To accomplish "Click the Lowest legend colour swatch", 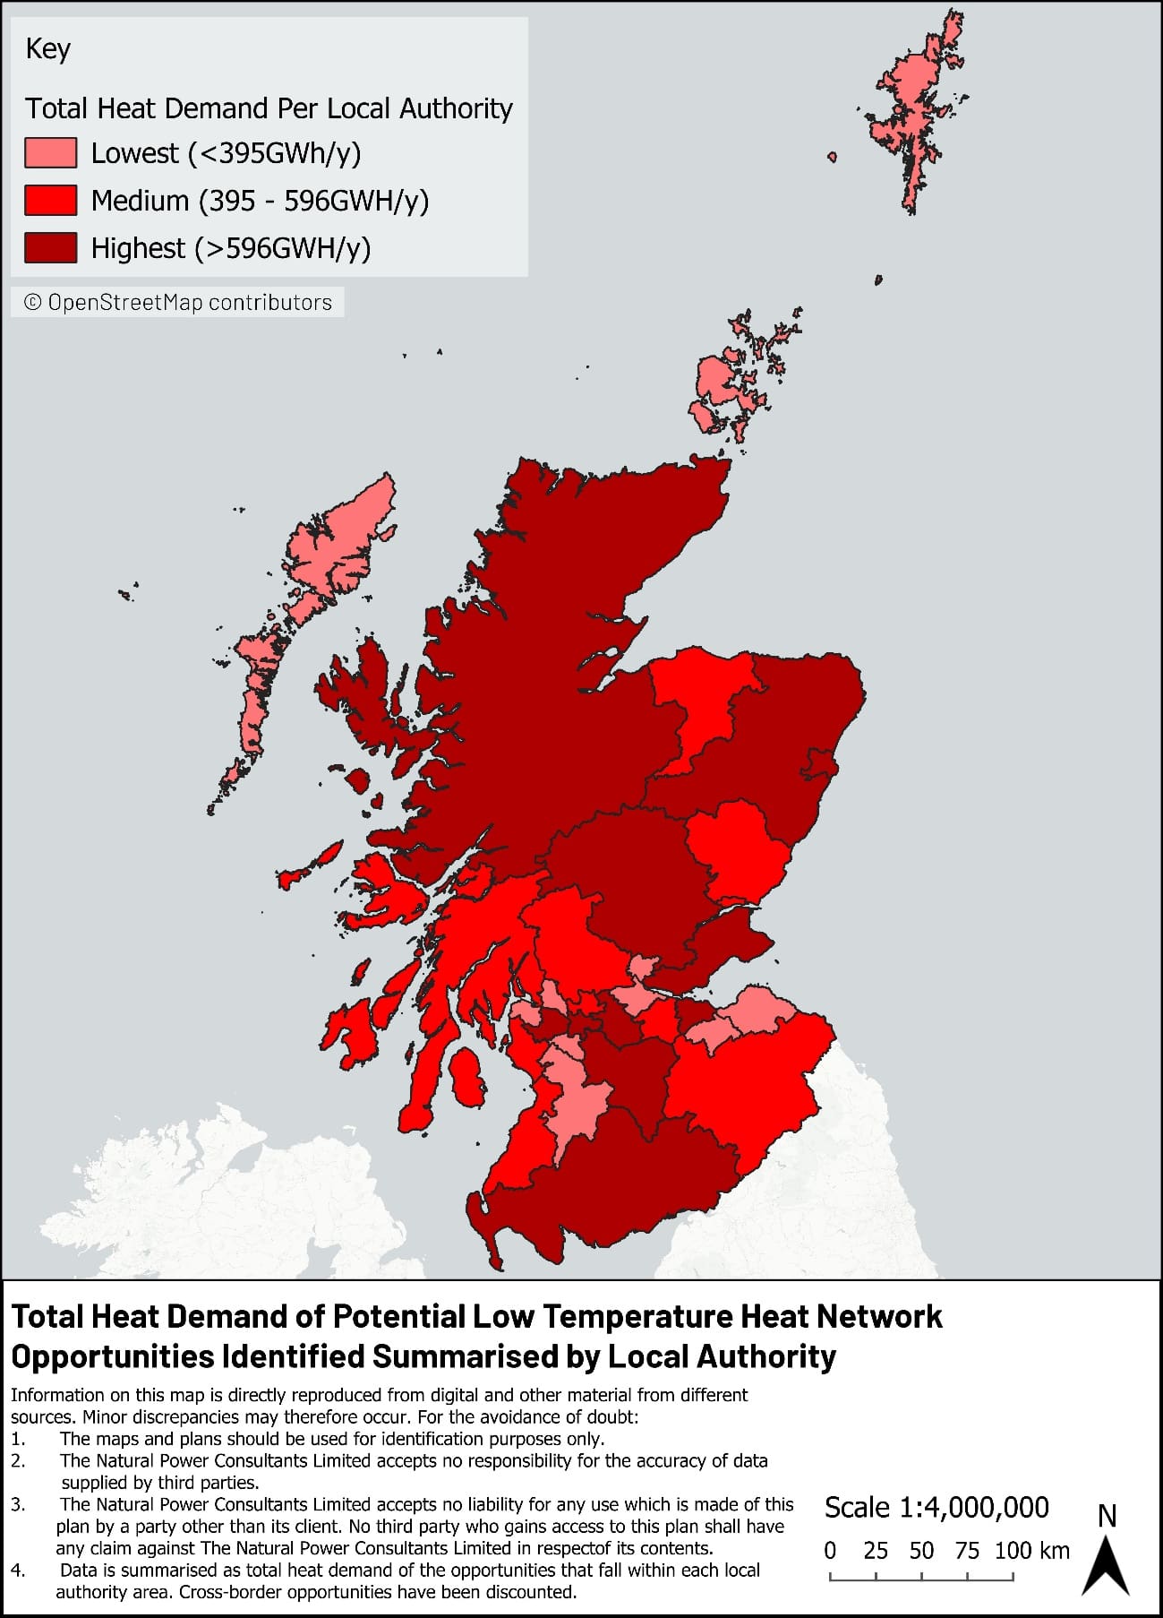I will pyautogui.click(x=50, y=153).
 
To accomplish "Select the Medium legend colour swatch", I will pyautogui.click(x=50, y=201).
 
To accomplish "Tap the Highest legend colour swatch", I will pyautogui.click(x=50, y=248).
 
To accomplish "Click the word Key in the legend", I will pyautogui.click(x=48, y=48).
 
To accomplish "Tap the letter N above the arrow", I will pyautogui.click(x=1107, y=1516).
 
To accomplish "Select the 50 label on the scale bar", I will pyautogui.click(x=921, y=1551).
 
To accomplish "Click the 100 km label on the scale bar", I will pyautogui.click(x=1031, y=1551).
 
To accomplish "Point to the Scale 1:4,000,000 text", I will pyautogui.click(x=936, y=1508).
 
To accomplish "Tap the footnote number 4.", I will pyautogui.click(x=19, y=1571).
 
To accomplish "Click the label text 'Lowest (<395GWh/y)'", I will pyautogui.click(x=226, y=153).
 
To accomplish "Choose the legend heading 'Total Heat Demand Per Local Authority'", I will pyautogui.click(x=269, y=108).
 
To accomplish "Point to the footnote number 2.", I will pyautogui.click(x=19, y=1461).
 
